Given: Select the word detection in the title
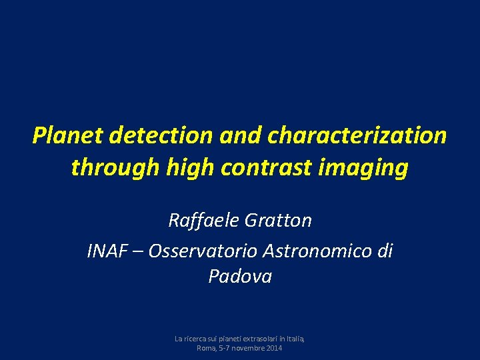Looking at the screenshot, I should point(160,136).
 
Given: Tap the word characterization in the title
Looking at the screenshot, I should point(357,136).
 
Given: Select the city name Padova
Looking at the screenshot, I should point(240,276).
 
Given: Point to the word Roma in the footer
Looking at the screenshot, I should point(205,348).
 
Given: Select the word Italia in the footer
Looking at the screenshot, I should point(295,339).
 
